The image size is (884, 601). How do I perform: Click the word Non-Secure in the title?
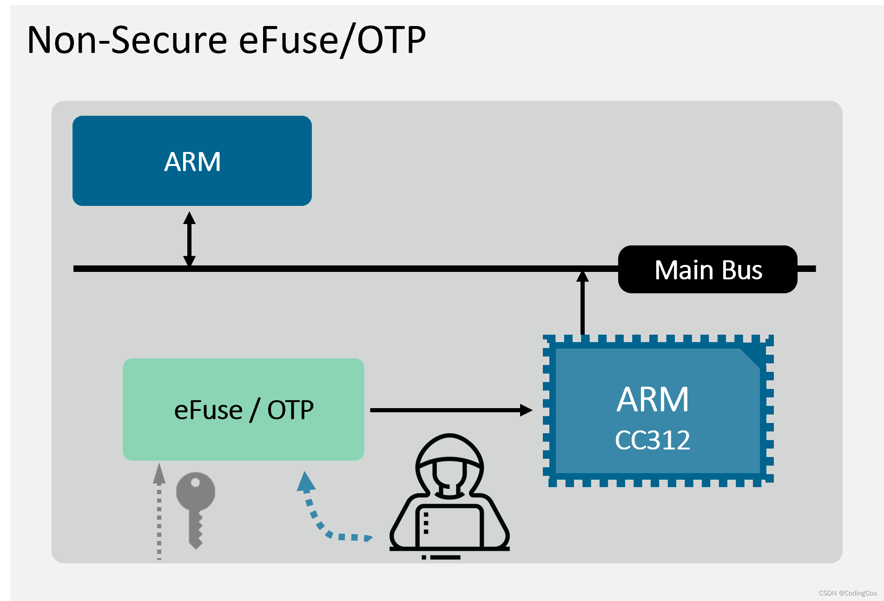127,40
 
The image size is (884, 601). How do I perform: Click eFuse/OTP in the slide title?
332,40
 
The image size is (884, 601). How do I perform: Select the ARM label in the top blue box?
192,162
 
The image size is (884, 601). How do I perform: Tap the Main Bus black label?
707,270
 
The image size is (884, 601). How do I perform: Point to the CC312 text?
652,440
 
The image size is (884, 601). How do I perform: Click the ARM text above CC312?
652,399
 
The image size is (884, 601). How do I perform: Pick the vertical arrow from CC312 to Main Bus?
582,304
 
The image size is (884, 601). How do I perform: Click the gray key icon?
196,509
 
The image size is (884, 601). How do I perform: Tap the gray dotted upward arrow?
159,511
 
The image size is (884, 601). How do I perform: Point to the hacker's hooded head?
449,465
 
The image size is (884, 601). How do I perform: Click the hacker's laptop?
449,528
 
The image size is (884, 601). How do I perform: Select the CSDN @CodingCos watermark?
847,593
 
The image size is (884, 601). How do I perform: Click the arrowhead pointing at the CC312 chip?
526,410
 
